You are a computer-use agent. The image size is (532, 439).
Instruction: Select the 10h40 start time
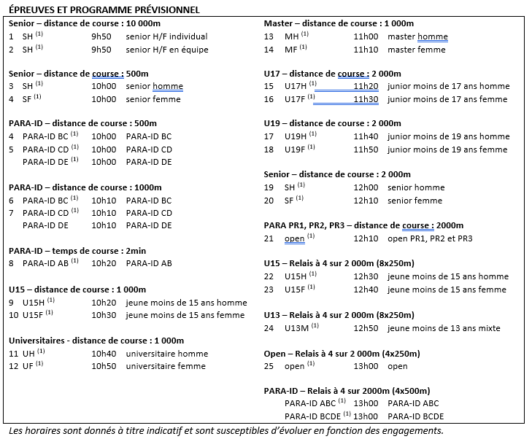pyautogui.click(x=104, y=353)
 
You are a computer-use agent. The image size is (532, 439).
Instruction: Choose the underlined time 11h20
pyautogui.click(x=366, y=86)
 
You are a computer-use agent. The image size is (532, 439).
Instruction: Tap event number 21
pyautogui.click(x=269, y=238)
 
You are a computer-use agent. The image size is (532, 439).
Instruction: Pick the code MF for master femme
pyautogui.click(x=291, y=50)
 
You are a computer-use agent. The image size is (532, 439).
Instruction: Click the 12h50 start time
pyautogui.click(x=366, y=328)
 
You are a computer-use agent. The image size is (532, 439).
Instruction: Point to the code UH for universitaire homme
pyautogui.click(x=28, y=353)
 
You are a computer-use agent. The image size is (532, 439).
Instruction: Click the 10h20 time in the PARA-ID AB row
pyautogui.click(x=104, y=263)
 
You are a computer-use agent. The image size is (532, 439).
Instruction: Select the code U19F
pyautogui.click(x=296, y=149)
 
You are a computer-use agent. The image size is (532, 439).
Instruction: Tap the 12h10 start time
pyautogui.click(x=366, y=238)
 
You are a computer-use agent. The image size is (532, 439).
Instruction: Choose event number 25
pyautogui.click(x=269, y=366)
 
